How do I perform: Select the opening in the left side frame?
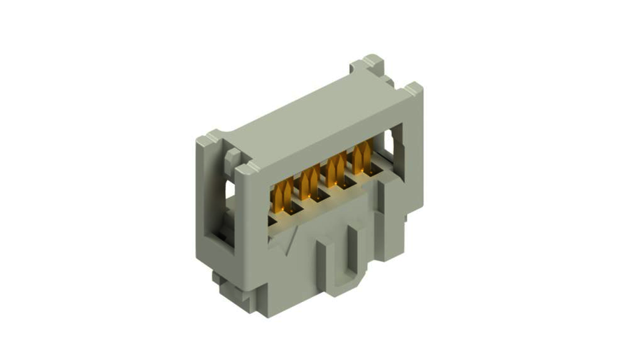(221, 210)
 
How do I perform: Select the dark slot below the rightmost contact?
(368, 175)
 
